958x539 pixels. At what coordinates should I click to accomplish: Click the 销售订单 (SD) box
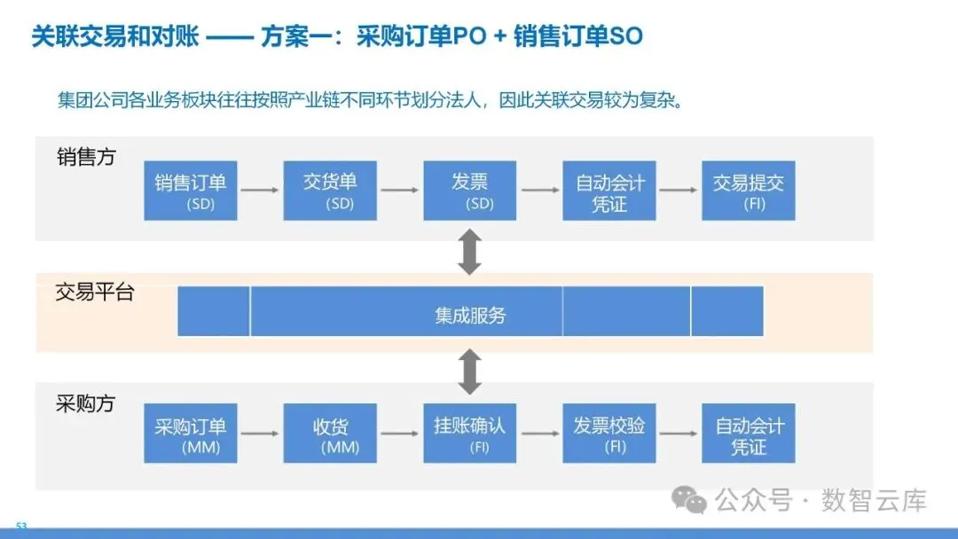click(191, 191)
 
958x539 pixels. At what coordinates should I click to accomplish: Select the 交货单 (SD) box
click(330, 191)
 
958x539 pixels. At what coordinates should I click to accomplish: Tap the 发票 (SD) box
click(469, 191)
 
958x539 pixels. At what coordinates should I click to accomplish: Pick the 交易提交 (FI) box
click(748, 191)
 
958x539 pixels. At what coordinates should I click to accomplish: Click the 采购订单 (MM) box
click(191, 433)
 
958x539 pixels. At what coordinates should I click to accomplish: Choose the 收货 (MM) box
click(330, 433)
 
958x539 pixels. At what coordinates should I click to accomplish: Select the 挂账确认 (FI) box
click(469, 433)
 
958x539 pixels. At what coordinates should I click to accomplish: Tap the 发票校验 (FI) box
click(609, 433)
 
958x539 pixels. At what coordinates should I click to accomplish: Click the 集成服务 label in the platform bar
click(469, 315)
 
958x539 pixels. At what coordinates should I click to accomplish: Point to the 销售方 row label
click(86, 157)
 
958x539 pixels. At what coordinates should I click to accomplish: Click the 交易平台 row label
click(94, 292)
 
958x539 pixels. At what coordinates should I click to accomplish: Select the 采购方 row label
click(85, 403)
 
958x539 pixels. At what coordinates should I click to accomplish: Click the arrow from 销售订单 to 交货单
click(260, 190)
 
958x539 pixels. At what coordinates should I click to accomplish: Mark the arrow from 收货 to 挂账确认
click(399, 434)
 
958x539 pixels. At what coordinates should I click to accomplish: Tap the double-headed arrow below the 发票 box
click(469, 252)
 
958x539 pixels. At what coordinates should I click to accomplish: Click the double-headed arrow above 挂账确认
click(469, 371)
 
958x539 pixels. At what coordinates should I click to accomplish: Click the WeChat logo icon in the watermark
click(689, 500)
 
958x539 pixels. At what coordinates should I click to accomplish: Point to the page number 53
click(22, 526)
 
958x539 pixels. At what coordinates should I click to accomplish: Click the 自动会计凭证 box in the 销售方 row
click(609, 191)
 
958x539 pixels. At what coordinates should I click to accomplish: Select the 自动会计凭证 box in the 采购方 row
click(748, 433)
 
